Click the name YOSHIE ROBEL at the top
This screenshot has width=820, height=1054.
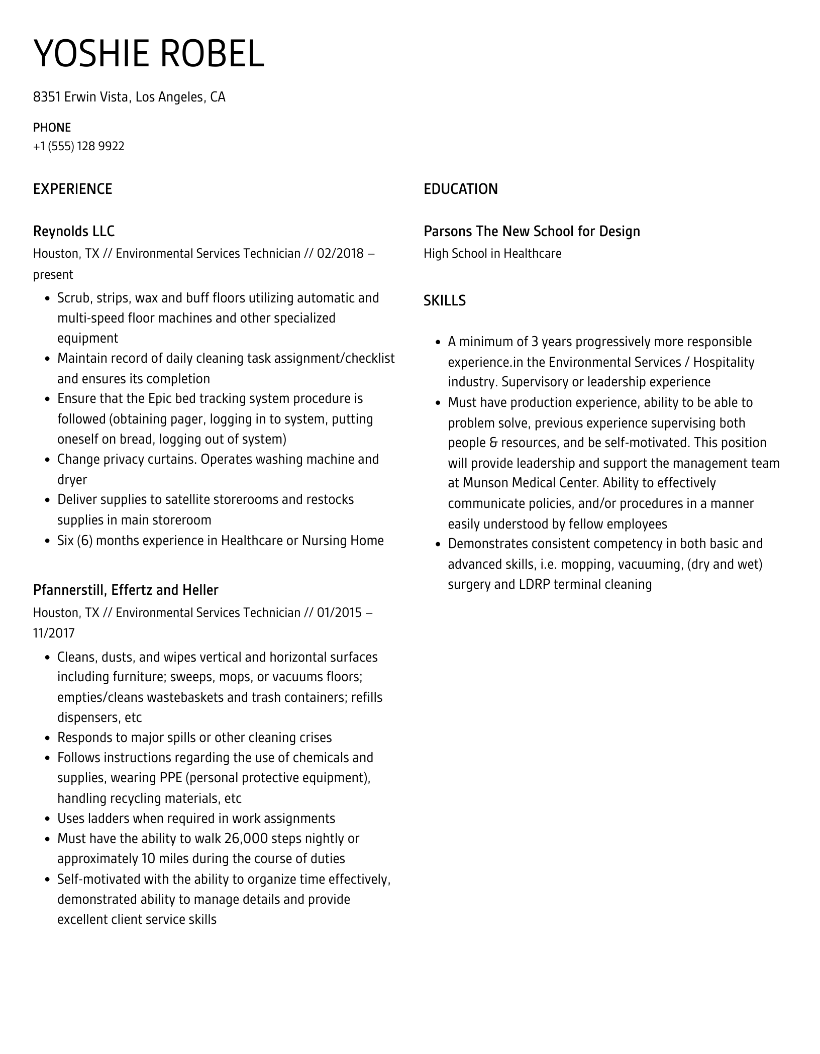pyautogui.click(x=149, y=54)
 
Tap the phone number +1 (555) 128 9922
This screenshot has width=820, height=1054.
pyautogui.click(x=79, y=146)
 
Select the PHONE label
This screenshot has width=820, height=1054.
pyautogui.click(x=52, y=127)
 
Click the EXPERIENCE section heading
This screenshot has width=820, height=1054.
pyautogui.click(x=72, y=189)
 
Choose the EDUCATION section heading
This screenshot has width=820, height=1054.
pyautogui.click(x=460, y=189)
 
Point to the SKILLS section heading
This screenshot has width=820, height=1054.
pyautogui.click(x=444, y=300)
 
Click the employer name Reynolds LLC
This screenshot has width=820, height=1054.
pyautogui.click(x=74, y=231)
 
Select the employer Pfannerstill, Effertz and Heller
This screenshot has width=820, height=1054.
pyautogui.click(x=126, y=590)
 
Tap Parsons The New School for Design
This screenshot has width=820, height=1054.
pyautogui.click(x=532, y=231)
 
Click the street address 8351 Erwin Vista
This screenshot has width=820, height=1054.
pyautogui.click(x=80, y=97)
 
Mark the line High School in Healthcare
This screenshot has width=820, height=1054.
pyautogui.click(x=492, y=253)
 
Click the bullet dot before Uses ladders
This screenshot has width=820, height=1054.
pyautogui.click(x=47, y=819)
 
